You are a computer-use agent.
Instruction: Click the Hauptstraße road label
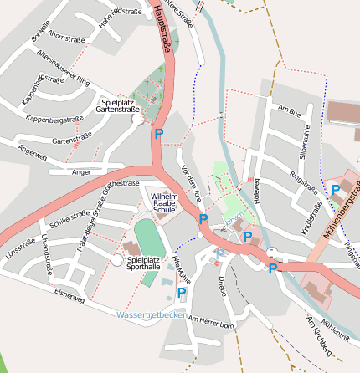[x=162, y=29]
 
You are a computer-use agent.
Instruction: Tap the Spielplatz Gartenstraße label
[x=118, y=105]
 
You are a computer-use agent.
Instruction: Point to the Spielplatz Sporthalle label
[x=143, y=264]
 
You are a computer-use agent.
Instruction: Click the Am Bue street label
[x=289, y=111]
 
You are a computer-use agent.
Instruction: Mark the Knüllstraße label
[x=317, y=218]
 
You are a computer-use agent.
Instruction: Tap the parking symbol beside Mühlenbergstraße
[x=336, y=191]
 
